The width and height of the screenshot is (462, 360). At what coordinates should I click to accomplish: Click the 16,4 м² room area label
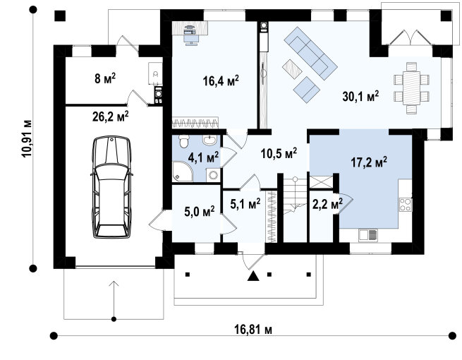(x=221, y=80)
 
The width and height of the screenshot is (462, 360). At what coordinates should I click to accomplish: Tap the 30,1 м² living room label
(x=360, y=96)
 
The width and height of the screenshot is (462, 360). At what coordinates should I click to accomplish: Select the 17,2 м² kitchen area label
(x=369, y=162)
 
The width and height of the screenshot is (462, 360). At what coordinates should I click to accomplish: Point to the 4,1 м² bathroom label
(x=203, y=157)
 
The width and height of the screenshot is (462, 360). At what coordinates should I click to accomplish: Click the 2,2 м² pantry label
(x=327, y=203)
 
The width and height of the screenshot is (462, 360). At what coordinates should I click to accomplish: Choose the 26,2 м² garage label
(x=111, y=116)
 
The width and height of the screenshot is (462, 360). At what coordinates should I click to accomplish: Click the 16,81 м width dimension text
(x=253, y=330)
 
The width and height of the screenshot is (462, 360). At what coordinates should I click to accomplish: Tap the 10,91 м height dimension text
(x=27, y=138)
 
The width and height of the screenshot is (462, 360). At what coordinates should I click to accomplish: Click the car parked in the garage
(x=111, y=187)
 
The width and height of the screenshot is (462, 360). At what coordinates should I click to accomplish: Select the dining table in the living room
(x=411, y=88)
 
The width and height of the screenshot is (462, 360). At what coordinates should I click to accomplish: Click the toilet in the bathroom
(x=184, y=141)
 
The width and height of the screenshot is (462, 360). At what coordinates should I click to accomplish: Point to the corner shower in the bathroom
(x=183, y=172)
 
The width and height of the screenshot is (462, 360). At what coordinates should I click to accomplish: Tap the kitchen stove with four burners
(x=406, y=205)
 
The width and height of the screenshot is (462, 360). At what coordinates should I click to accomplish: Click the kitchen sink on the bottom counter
(x=368, y=235)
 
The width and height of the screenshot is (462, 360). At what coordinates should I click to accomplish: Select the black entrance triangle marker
(x=253, y=276)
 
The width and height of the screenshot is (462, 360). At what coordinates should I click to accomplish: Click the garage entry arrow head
(x=114, y=284)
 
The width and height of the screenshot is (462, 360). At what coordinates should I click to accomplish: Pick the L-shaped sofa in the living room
(x=310, y=54)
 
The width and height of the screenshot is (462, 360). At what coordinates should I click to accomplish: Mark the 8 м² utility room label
(x=105, y=78)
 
